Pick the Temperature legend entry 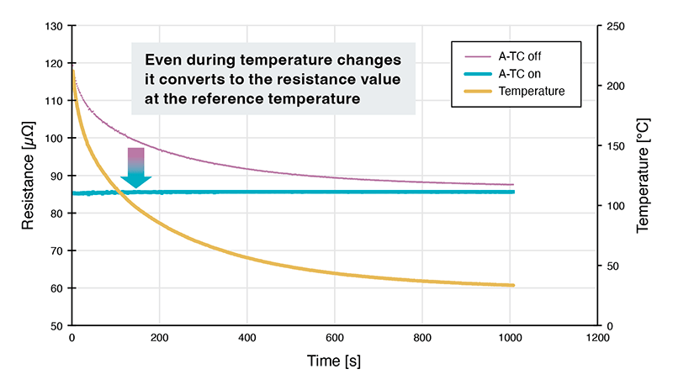pyautogui.click(x=531, y=90)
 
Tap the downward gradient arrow pyautogui.click(x=135, y=167)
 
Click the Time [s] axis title pyautogui.click(x=334, y=361)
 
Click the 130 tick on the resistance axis pyautogui.click(x=56, y=26)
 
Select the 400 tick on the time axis pyautogui.click(x=247, y=338)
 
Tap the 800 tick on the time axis pyautogui.click(x=422, y=338)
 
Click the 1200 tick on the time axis pyautogui.click(x=596, y=338)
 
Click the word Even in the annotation pyautogui.click(x=162, y=61)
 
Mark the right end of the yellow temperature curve pyautogui.click(x=513, y=286)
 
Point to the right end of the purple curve pyautogui.click(x=513, y=185)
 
